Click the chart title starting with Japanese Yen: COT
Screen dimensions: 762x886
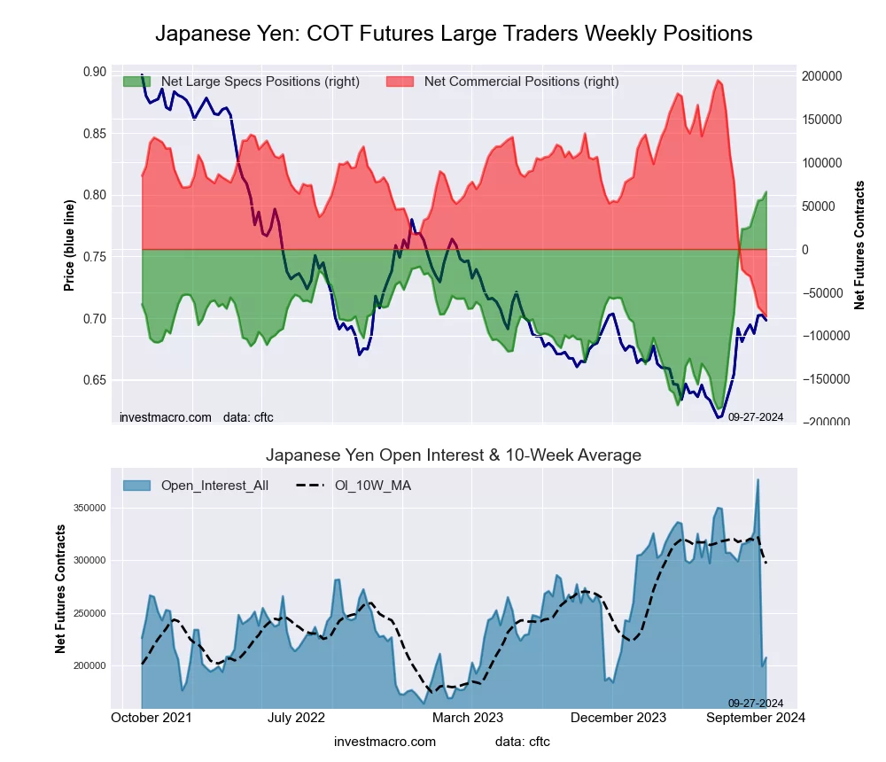454,34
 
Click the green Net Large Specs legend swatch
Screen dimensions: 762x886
137,82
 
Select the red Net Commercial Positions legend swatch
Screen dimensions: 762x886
400,82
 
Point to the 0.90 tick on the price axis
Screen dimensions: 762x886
94,72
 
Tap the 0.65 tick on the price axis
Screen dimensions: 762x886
94,380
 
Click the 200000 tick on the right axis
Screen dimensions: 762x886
822,77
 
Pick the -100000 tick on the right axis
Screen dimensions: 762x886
825,337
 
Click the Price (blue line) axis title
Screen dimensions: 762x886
69,245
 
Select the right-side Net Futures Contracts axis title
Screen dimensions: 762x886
859,245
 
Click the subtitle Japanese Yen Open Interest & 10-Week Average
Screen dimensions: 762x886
454,455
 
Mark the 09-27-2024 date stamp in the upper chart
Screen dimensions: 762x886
755,416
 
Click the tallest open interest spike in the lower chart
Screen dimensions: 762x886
758,480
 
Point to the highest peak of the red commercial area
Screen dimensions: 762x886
718,81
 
